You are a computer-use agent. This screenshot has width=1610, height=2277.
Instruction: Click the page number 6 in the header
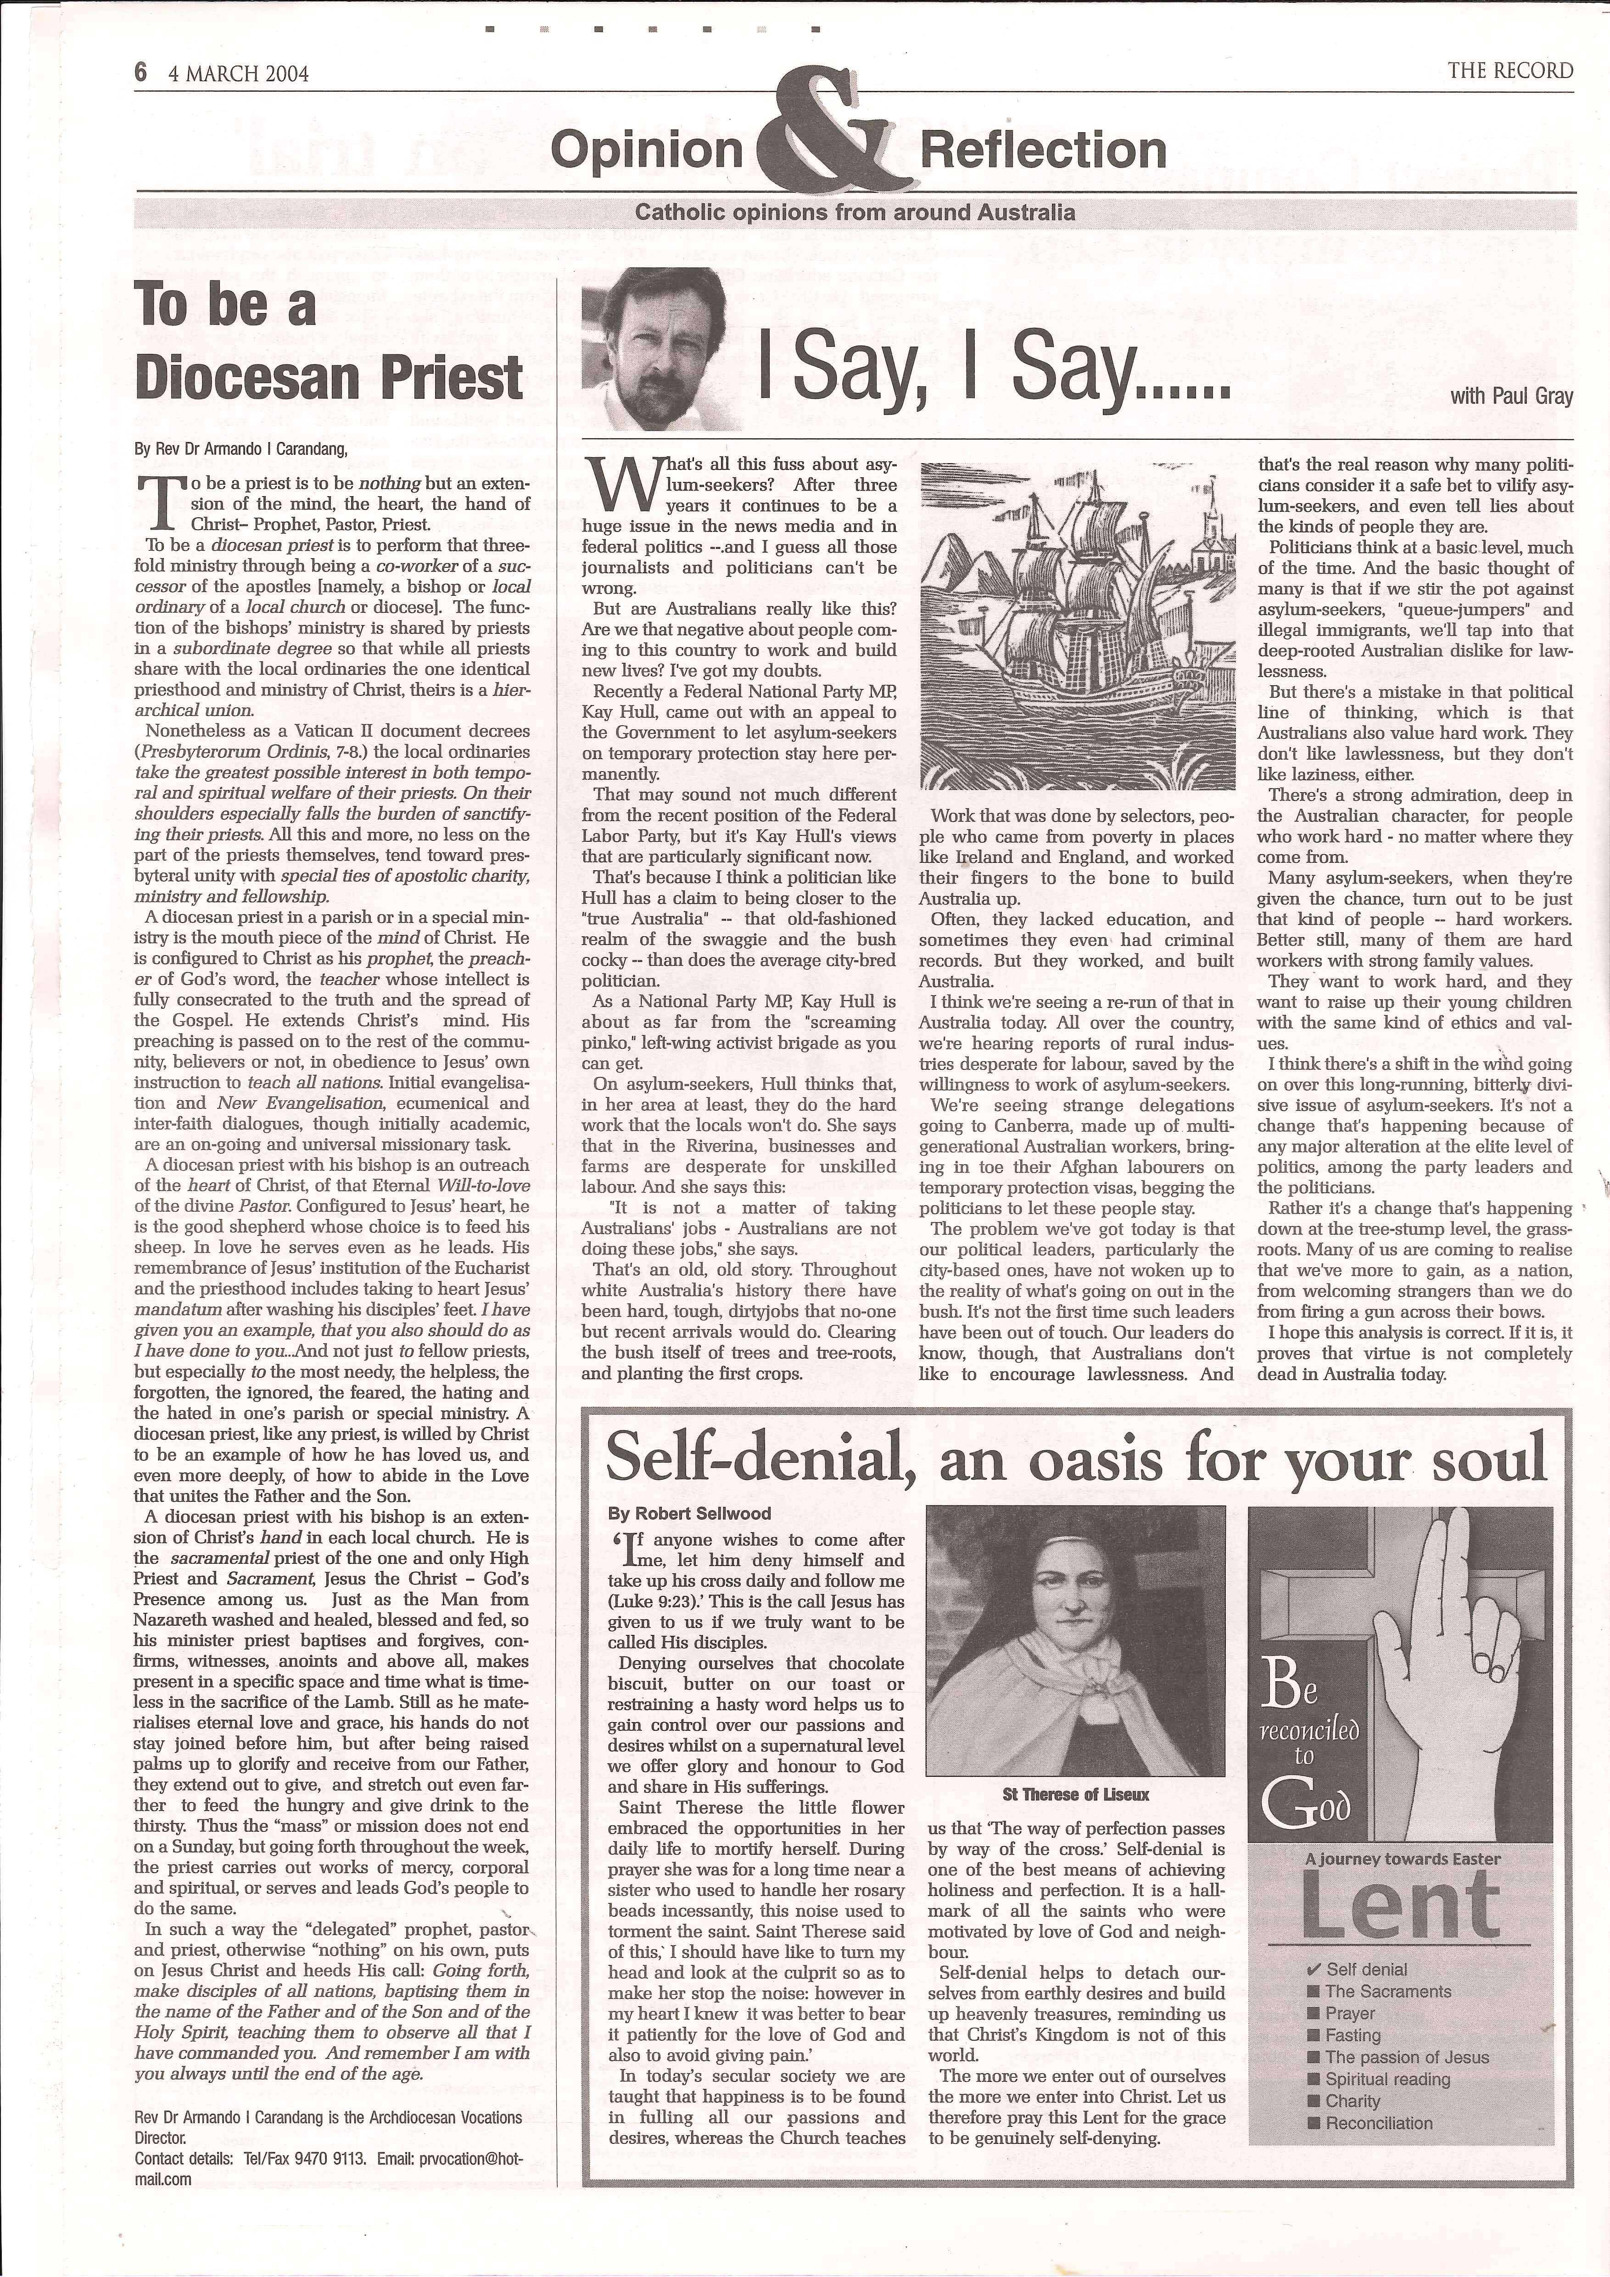(141, 73)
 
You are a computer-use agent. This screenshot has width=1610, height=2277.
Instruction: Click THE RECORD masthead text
(1510, 70)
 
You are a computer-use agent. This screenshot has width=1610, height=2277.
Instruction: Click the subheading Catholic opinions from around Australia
(855, 212)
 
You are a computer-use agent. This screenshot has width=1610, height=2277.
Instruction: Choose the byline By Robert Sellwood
(689, 1513)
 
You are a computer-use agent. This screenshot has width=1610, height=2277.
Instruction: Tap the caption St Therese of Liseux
(1076, 1794)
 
